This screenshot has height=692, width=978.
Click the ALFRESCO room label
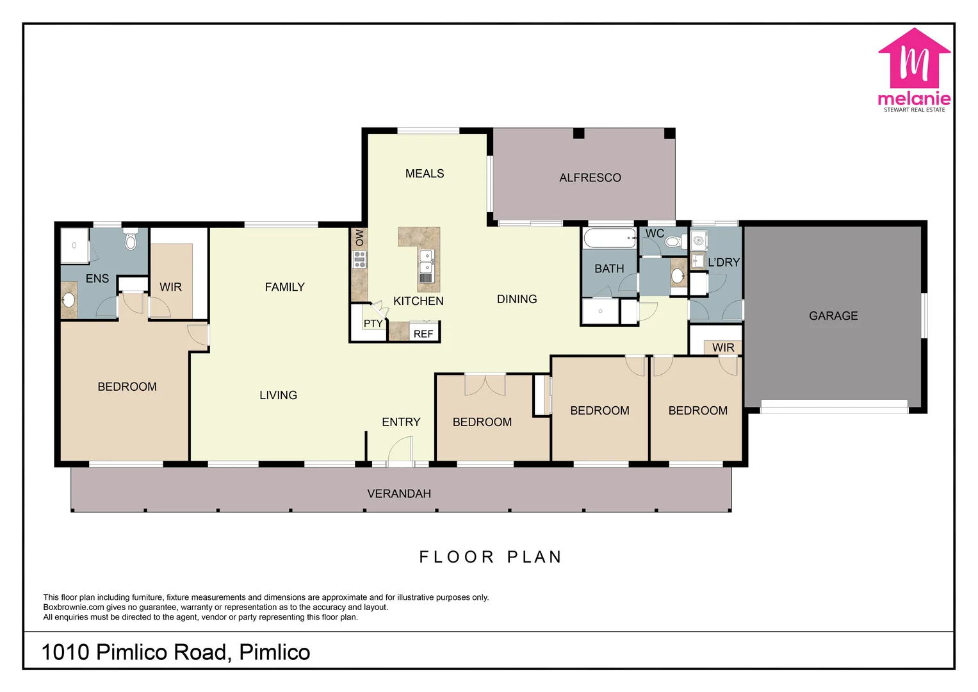pyautogui.click(x=590, y=178)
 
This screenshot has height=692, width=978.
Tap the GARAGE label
pyautogui.click(x=833, y=316)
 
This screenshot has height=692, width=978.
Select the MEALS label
pyautogui.click(x=425, y=174)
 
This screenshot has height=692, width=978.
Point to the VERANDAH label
pyautogui.click(x=399, y=493)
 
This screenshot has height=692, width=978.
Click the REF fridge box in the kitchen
pyautogui.click(x=423, y=333)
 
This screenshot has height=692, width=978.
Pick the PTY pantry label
pyautogui.click(x=373, y=324)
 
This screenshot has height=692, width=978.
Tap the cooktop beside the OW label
pyautogui.click(x=360, y=259)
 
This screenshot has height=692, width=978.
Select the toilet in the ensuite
pyautogui.click(x=131, y=240)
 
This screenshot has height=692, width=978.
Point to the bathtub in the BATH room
pyautogui.click(x=609, y=238)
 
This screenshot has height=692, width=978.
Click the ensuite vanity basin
pyautogui.click(x=68, y=299)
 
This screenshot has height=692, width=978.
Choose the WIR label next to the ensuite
pyautogui.click(x=170, y=287)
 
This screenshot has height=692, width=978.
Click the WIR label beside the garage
pyautogui.click(x=723, y=347)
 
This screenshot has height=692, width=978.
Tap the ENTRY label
pyautogui.click(x=401, y=422)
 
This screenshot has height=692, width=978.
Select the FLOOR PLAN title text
pyautogui.click(x=490, y=557)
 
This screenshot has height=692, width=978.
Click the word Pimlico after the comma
pyautogui.click(x=275, y=652)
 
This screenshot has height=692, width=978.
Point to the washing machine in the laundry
pyautogui.click(x=698, y=241)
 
